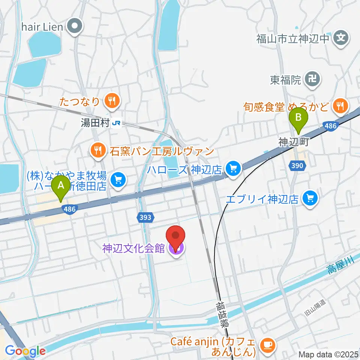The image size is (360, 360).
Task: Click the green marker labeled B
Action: (298, 118)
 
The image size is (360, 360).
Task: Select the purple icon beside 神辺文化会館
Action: (175, 247)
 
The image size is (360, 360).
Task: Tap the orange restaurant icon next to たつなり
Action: (111, 100)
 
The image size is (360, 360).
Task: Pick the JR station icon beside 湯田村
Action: (117, 123)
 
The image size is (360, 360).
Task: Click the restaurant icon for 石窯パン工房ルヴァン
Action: (98, 151)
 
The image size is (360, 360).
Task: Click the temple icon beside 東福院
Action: (312, 79)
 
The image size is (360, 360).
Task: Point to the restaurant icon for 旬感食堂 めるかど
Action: (340, 106)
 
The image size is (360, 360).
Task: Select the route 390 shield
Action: (296, 165)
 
